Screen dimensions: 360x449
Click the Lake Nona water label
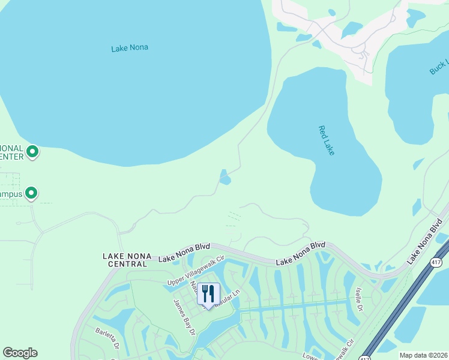point(130,48)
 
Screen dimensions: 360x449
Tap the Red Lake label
point(326,140)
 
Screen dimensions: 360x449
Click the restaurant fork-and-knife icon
point(208,293)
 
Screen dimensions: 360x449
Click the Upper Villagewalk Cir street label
point(195,270)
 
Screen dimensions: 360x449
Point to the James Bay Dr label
point(185,316)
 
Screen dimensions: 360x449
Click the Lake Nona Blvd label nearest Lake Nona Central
point(183,256)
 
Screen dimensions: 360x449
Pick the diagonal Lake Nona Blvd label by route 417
point(425,241)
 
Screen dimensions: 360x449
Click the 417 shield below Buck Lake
point(436,262)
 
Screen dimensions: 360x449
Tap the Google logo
point(20,353)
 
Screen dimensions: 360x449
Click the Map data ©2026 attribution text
point(423,355)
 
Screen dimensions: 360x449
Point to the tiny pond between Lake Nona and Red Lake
point(224,178)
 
